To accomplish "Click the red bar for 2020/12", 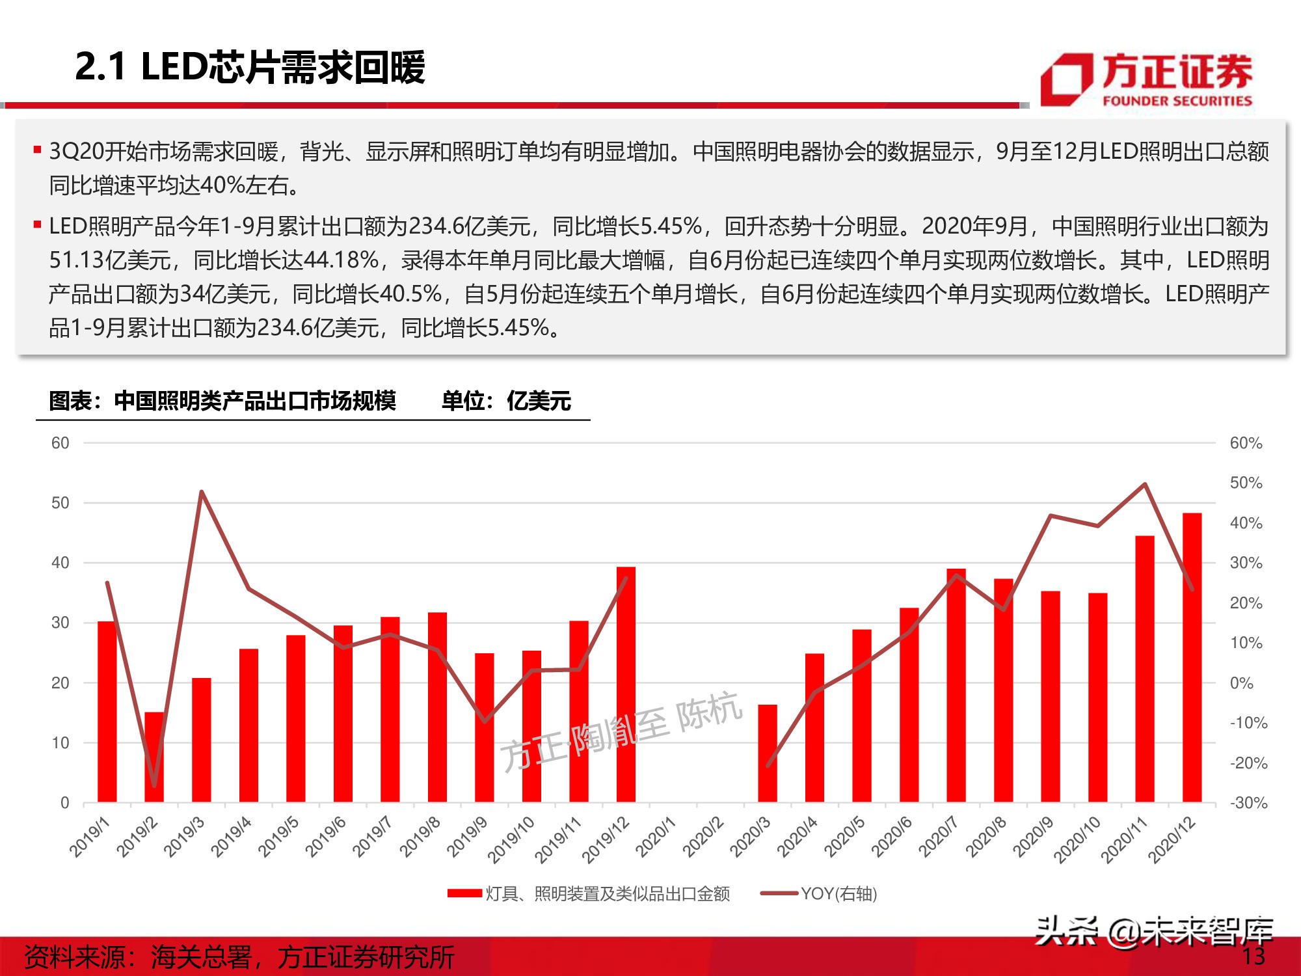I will (x=1192, y=657).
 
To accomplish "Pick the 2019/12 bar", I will (x=626, y=684).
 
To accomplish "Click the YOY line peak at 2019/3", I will (x=202, y=492).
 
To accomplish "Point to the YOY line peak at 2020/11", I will (x=1145, y=484).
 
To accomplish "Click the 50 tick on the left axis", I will (x=60, y=503).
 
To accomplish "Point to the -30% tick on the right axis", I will (x=1248, y=803).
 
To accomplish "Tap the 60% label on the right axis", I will (x=1246, y=443).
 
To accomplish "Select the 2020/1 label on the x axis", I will (x=656, y=838).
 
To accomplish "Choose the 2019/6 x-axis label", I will (x=326, y=838).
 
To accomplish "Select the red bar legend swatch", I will (x=464, y=893).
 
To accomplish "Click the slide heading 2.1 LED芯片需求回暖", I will (x=250, y=67).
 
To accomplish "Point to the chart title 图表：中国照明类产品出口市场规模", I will (x=222, y=401).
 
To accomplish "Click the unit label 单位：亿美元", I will (x=506, y=401).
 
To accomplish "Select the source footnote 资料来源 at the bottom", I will (x=239, y=957).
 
